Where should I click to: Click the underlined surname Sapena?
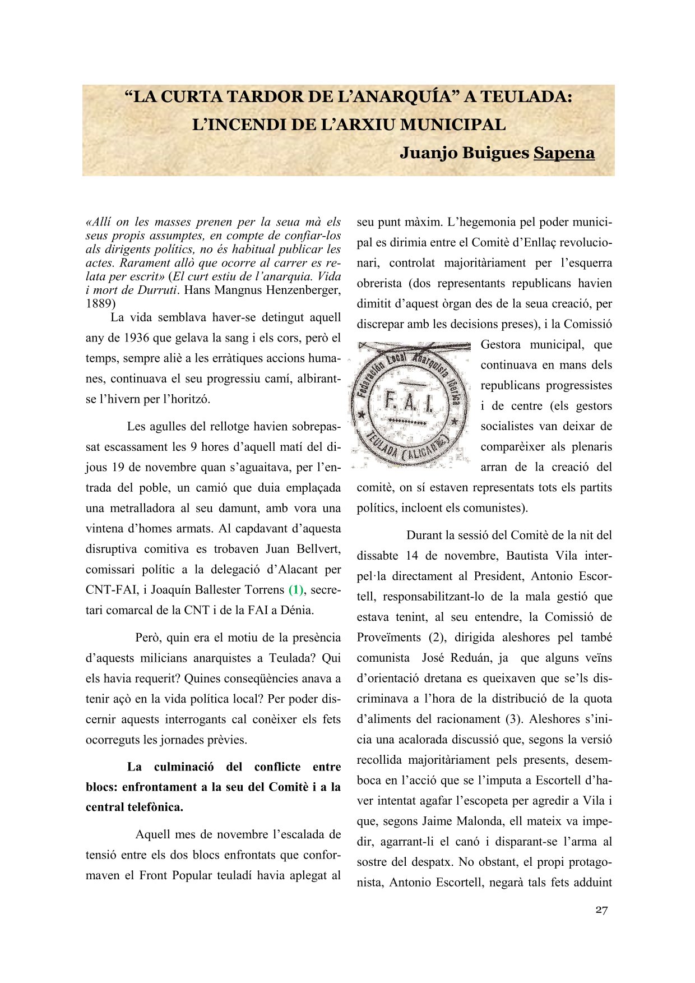click(x=564, y=153)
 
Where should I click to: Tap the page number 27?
click(x=601, y=910)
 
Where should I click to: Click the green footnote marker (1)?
click(x=295, y=590)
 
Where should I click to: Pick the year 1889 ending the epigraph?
click(x=100, y=304)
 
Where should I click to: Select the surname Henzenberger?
click(x=303, y=290)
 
